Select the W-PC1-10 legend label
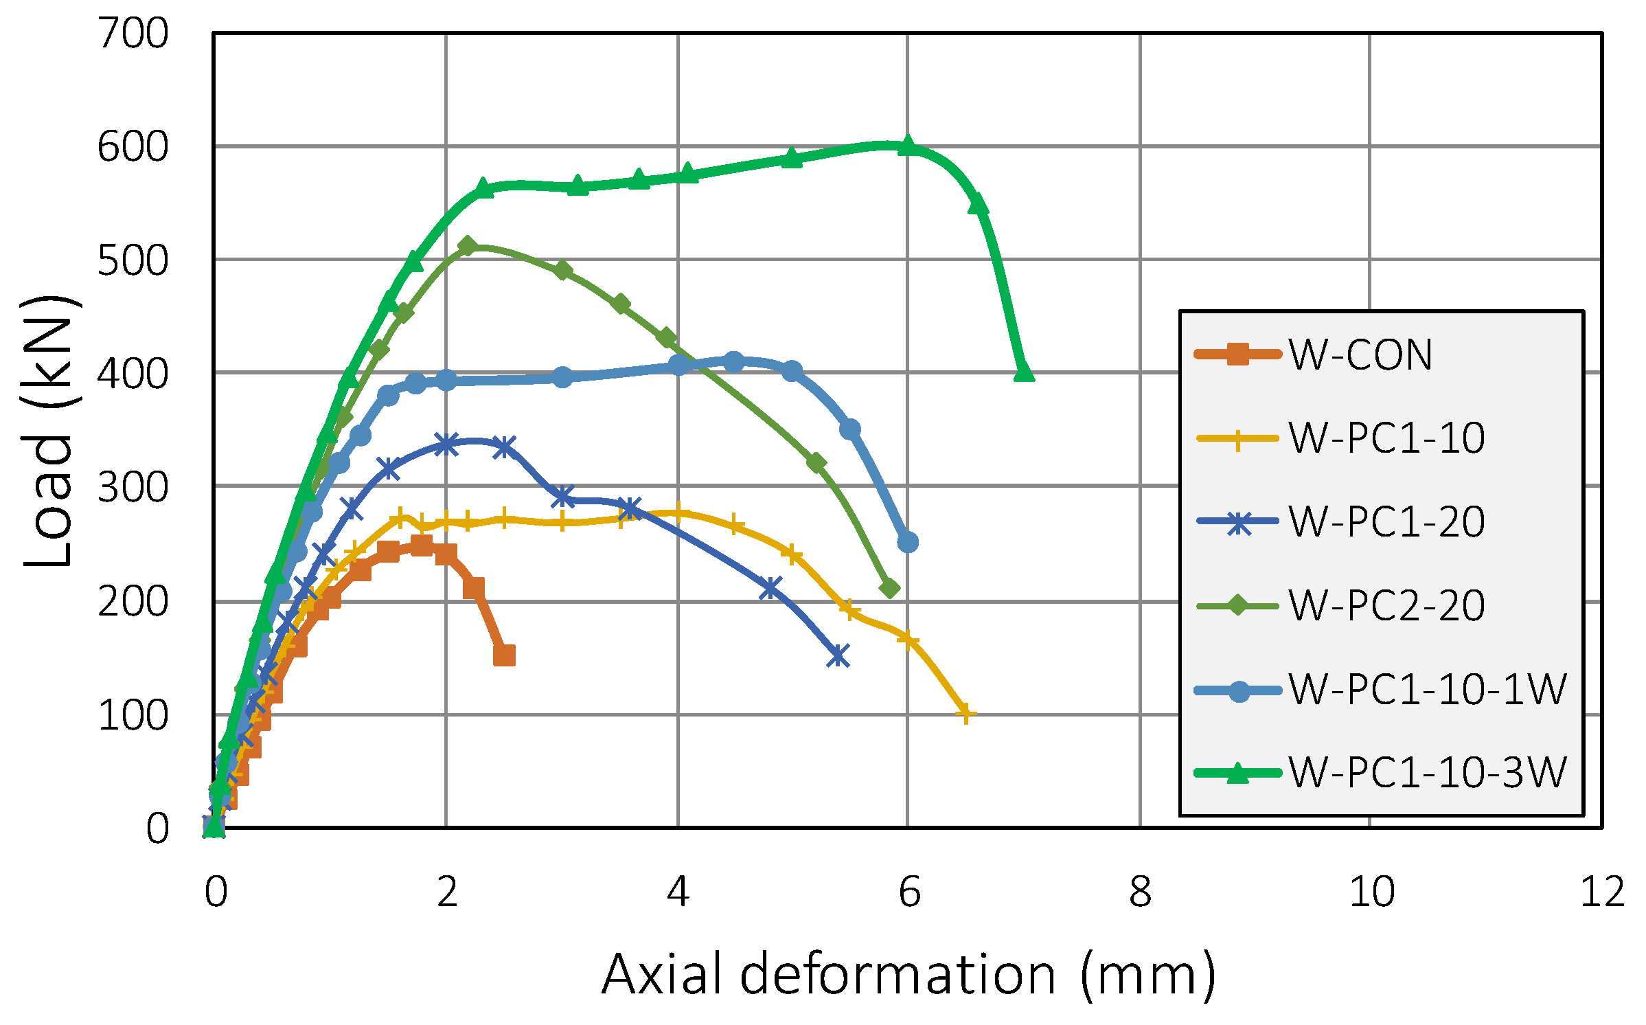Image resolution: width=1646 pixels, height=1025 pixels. point(1386,438)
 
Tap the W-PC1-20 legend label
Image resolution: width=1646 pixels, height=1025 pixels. point(1386,521)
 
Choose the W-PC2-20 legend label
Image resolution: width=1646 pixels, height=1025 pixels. point(1386,605)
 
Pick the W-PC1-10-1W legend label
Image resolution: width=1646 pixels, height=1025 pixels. point(1427,689)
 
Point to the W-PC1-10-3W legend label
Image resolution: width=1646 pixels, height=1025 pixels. point(1427,772)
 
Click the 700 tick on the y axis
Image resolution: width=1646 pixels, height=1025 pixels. point(133,33)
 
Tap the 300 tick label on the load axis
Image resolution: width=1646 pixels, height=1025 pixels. point(133,488)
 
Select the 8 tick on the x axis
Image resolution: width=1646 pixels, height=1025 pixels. point(1140,892)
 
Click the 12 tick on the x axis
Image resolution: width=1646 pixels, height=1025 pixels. point(1602,892)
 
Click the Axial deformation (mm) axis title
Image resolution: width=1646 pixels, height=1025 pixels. point(908,974)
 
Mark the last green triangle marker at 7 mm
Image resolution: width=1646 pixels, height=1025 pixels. point(1023,371)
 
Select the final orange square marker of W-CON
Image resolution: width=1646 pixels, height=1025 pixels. point(504,655)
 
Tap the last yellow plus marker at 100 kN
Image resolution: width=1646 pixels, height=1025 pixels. point(965,713)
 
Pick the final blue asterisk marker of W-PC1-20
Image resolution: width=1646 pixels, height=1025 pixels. point(838,655)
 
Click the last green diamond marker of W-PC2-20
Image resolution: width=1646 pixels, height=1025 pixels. point(889,589)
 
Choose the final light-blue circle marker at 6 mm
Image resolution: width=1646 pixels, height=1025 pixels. point(908,542)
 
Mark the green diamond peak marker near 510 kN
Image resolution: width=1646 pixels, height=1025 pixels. point(468,246)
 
